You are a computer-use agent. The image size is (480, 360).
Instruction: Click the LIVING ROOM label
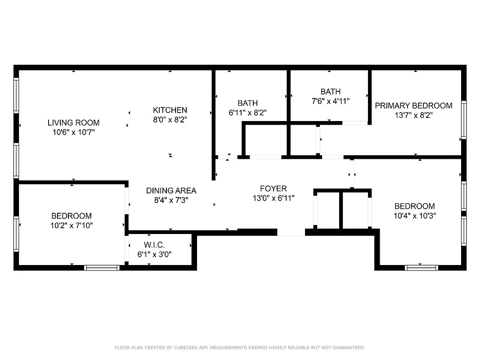[74, 122]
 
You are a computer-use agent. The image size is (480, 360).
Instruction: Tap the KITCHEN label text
[170, 110]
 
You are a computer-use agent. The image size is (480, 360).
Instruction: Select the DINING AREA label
[171, 190]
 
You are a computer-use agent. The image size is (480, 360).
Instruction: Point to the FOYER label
[273, 189]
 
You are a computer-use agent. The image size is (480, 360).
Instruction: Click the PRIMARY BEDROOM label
[413, 106]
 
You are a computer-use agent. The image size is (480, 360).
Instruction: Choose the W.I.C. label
[154, 245]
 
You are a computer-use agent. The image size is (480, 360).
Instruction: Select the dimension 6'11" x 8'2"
[248, 113]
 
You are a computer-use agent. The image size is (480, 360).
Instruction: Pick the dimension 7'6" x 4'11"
[331, 101]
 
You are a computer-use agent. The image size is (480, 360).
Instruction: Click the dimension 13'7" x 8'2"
[413, 115]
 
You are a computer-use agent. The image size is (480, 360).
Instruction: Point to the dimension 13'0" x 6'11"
[273, 198]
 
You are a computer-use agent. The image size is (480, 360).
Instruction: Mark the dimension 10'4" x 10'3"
[415, 216]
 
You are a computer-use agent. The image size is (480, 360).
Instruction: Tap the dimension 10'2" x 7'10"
[72, 225]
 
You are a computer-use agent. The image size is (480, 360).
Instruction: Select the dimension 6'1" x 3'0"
[154, 254]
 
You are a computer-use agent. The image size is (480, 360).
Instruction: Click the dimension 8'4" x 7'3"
[171, 200]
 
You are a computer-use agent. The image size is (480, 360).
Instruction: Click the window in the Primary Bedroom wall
[463, 120]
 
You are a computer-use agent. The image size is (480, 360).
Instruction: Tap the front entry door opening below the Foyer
[291, 232]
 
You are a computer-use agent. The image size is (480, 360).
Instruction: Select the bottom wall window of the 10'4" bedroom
[422, 267]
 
